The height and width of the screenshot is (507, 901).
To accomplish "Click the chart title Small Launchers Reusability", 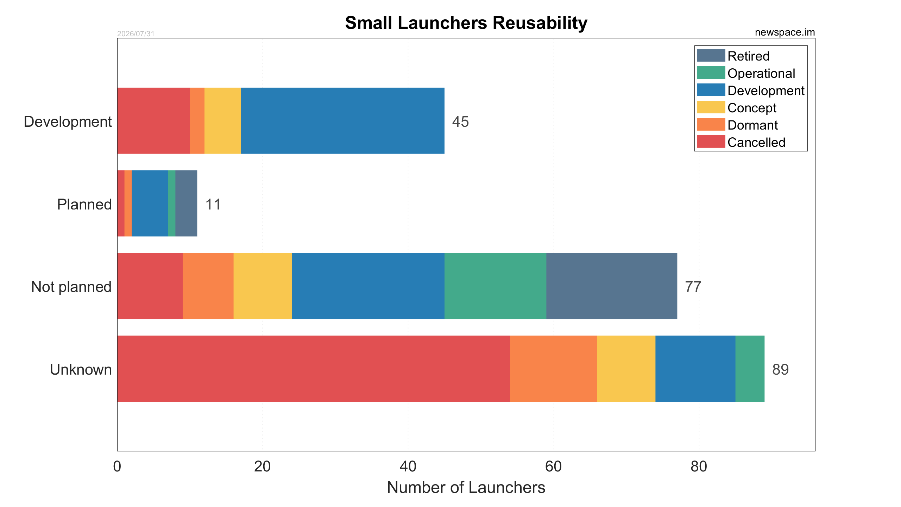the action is coord(466,23).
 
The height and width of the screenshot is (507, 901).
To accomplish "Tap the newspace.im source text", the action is coord(785,32).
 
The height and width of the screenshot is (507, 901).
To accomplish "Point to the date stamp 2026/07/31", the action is coord(136,34).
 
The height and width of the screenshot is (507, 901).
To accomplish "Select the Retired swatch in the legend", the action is coord(711,55).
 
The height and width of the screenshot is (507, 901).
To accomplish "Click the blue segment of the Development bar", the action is coord(342,121).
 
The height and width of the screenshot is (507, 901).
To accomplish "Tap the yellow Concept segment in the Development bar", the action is coord(222,121).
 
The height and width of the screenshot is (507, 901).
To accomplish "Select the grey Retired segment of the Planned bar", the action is coord(186,204).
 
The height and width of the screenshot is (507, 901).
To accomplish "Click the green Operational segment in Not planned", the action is coord(495,286).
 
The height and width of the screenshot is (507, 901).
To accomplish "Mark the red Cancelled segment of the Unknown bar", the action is coord(314,369).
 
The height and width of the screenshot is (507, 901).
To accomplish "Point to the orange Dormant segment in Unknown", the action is coord(554,369).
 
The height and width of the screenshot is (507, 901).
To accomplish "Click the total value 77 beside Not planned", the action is coord(693,287).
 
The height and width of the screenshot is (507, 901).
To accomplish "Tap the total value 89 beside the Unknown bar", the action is coord(780,370).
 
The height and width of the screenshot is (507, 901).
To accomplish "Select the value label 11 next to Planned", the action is coord(213,205).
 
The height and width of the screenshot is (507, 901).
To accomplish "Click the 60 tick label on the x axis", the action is coord(553,467).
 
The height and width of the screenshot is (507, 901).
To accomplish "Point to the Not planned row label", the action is coord(71,287).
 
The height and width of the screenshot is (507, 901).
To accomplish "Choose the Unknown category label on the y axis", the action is coord(81,370).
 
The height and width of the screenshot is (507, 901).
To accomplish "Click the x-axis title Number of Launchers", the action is coord(466,488).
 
